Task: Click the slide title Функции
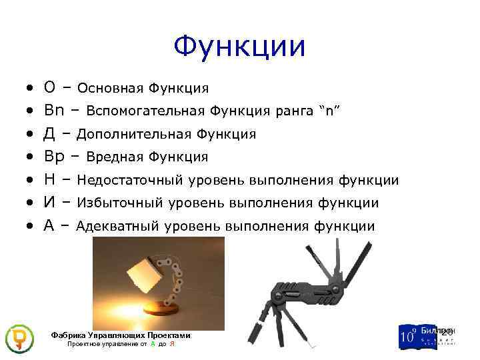[x=239, y=47]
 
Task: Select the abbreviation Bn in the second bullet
[x=53, y=111]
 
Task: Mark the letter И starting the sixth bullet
[x=49, y=203]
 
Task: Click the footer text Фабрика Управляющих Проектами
[x=121, y=335]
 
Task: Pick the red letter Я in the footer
[x=172, y=344]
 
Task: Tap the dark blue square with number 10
[x=409, y=337]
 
